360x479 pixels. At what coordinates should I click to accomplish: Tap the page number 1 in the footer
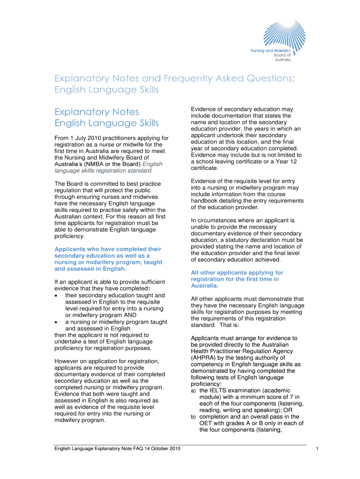[317, 449]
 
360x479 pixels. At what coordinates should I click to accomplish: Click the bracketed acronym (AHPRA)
[205, 358]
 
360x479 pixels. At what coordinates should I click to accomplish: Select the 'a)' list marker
[194, 391]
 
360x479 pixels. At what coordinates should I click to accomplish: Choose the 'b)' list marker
[194, 417]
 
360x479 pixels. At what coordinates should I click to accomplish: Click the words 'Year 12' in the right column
[286, 161]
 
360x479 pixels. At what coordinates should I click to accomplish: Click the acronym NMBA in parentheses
[96, 164]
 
